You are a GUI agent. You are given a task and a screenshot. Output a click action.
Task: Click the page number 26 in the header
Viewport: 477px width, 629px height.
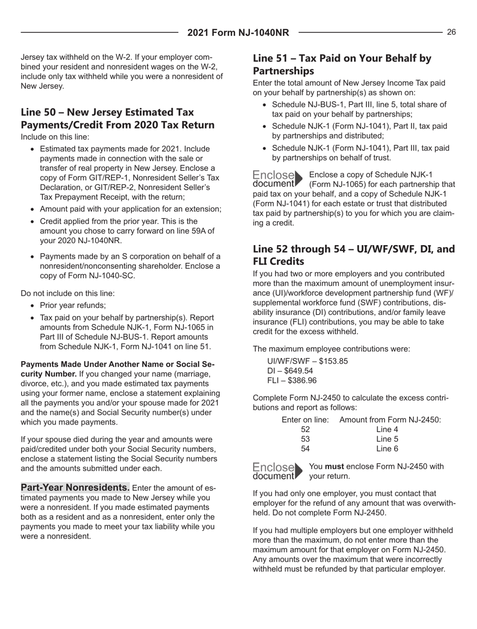pyautogui.click(x=451, y=32)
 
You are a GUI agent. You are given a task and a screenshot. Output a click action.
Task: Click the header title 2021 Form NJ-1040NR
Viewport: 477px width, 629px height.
pyautogui.click(x=238, y=33)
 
